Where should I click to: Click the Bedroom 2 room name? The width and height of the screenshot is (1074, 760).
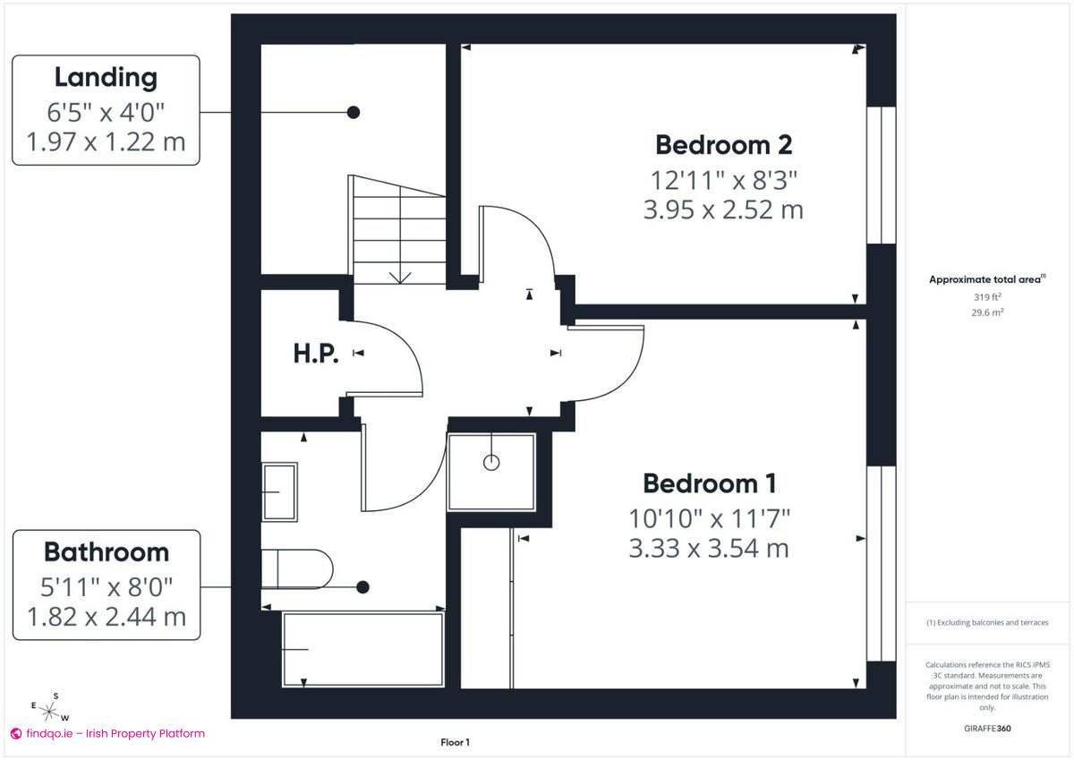pyautogui.click(x=723, y=144)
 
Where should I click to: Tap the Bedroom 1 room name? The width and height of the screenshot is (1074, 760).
pyautogui.click(x=709, y=483)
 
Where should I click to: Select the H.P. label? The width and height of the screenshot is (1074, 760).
pyautogui.click(x=316, y=354)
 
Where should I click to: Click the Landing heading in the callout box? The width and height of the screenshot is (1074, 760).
pyautogui.click(x=106, y=77)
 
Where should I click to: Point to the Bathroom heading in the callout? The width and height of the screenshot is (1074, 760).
pyautogui.click(x=106, y=551)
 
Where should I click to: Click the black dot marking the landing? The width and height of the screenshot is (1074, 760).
pyautogui.click(x=354, y=112)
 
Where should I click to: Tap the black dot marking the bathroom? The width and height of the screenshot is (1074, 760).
pyautogui.click(x=362, y=587)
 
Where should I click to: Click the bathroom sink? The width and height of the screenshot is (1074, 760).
pyautogui.click(x=279, y=491)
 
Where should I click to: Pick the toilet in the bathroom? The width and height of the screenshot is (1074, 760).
pyautogui.click(x=297, y=568)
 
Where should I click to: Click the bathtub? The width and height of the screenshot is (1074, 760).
pyautogui.click(x=363, y=649)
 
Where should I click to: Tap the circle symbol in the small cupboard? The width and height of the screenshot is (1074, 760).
pyautogui.click(x=491, y=463)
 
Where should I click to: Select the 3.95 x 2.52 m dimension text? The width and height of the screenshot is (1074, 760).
pyautogui.click(x=723, y=210)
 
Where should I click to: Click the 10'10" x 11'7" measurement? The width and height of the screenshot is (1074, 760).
pyautogui.click(x=709, y=517)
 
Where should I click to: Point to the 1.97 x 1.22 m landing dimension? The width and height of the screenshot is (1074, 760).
pyautogui.click(x=106, y=142)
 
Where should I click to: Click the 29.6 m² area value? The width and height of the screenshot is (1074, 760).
pyautogui.click(x=987, y=312)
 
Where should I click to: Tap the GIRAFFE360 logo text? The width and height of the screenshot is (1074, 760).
pyautogui.click(x=987, y=729)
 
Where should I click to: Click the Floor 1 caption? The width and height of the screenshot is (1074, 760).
pyautogui.click(x=455, y=742)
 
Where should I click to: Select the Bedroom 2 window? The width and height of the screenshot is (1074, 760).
pyautogui.click(x=882, y=175)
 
